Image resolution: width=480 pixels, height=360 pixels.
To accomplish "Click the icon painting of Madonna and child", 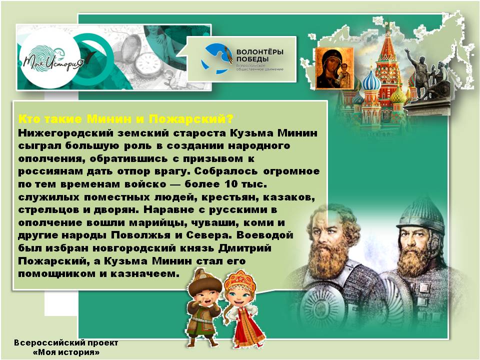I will click(334, 68).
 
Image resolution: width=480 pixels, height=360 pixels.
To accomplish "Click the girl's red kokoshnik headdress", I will click(238, 277).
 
